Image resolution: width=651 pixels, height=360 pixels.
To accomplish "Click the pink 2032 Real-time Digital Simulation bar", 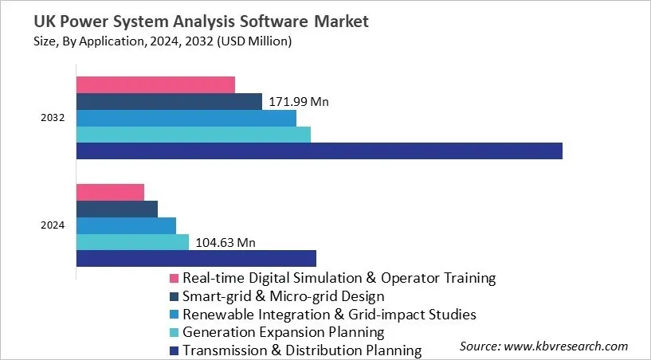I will (155, 84).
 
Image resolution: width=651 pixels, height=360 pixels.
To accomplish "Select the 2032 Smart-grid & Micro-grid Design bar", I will (169, 101).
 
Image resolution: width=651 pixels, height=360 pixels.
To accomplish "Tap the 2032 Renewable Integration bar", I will (186, 118).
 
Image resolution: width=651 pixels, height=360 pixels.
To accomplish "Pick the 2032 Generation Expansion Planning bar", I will (194, 135).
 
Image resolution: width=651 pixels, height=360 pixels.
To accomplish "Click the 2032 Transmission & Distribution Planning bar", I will (319, 151).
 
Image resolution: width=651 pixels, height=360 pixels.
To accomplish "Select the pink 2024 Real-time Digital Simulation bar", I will (110, 192).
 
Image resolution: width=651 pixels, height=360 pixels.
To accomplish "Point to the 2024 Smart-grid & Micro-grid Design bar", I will (117, 209).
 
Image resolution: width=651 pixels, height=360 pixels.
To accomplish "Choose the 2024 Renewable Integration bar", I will (126, 225).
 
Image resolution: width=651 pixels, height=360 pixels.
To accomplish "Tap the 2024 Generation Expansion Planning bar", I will (132, 242).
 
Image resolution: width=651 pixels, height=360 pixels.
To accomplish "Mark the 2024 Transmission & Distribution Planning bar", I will (196, 258).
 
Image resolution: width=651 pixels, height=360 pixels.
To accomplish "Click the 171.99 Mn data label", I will (299, 102).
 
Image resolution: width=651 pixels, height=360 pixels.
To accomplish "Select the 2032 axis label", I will (53, 118).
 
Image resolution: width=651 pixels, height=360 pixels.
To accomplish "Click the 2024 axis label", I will (53, 225).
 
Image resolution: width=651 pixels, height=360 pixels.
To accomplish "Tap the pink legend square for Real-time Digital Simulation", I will (174, 279).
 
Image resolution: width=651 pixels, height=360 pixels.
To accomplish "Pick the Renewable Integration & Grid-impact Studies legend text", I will (329, 315).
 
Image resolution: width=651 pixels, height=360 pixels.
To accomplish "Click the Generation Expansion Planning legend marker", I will (174, 332).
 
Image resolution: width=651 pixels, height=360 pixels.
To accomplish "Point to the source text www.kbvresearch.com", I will (544, 346).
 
